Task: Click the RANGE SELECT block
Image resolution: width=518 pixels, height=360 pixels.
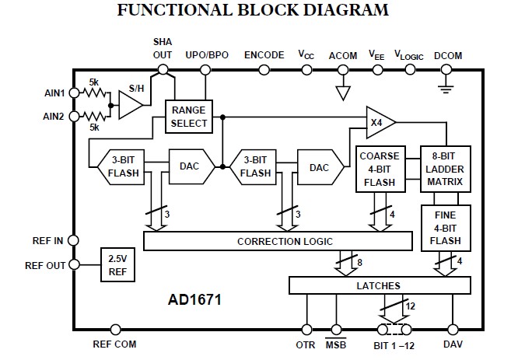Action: pyautogui.click(x=189, y=117)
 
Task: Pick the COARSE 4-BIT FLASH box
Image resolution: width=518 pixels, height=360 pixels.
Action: pyautogui.click(x=380, y=169)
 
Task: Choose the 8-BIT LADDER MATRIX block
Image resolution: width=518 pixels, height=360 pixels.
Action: pyautogui.click(x=445, y=169)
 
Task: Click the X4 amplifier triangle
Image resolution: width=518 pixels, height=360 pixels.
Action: pyautogui.click(x=379, y=122)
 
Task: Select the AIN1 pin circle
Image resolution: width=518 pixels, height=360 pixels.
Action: pyautogui.click(x=73, y=92)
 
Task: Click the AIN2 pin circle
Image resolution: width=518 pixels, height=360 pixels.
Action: pyautogui.click(x=73, y=117)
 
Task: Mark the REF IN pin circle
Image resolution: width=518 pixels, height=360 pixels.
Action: pyautogui.click(x=73, y=240)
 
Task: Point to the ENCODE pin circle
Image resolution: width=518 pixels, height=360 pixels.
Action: pyautogui.click(x=264, y=70)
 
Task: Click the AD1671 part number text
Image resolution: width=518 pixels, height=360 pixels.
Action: pyautogui.click(x=194, y=299)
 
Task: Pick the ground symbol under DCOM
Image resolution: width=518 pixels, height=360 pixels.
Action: pyautogui.click(x=446, y=87)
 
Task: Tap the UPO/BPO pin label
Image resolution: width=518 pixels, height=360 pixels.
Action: pyautogui.click(x=206, y=56)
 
